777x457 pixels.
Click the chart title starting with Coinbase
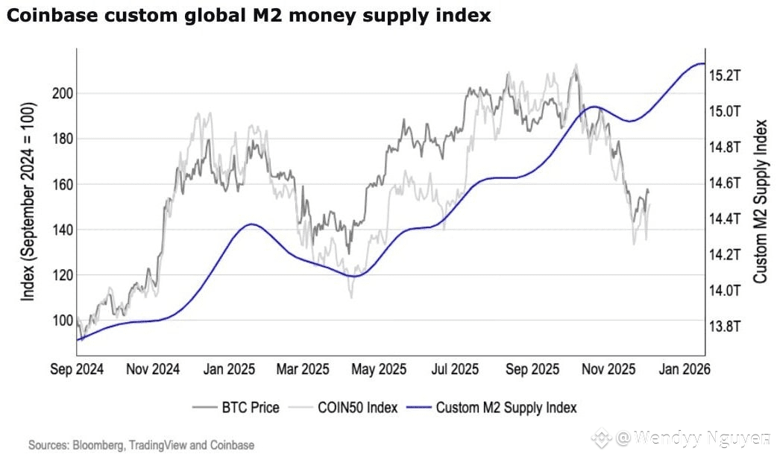click(x=248, y=16)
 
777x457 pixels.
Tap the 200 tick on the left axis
click(x=62, y=93)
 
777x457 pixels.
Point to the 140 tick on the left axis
click(x=62, y=230)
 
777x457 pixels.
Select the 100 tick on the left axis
click(x=62, y=321)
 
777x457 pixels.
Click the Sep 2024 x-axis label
click(x=77, y=369)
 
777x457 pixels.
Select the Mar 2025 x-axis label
click(x=303, y=369)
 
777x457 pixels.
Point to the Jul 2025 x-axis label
click(x=456, y=369)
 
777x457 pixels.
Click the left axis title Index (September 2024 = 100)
click(x=28, y=201)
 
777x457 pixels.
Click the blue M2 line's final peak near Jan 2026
click(x=699, y=64)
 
